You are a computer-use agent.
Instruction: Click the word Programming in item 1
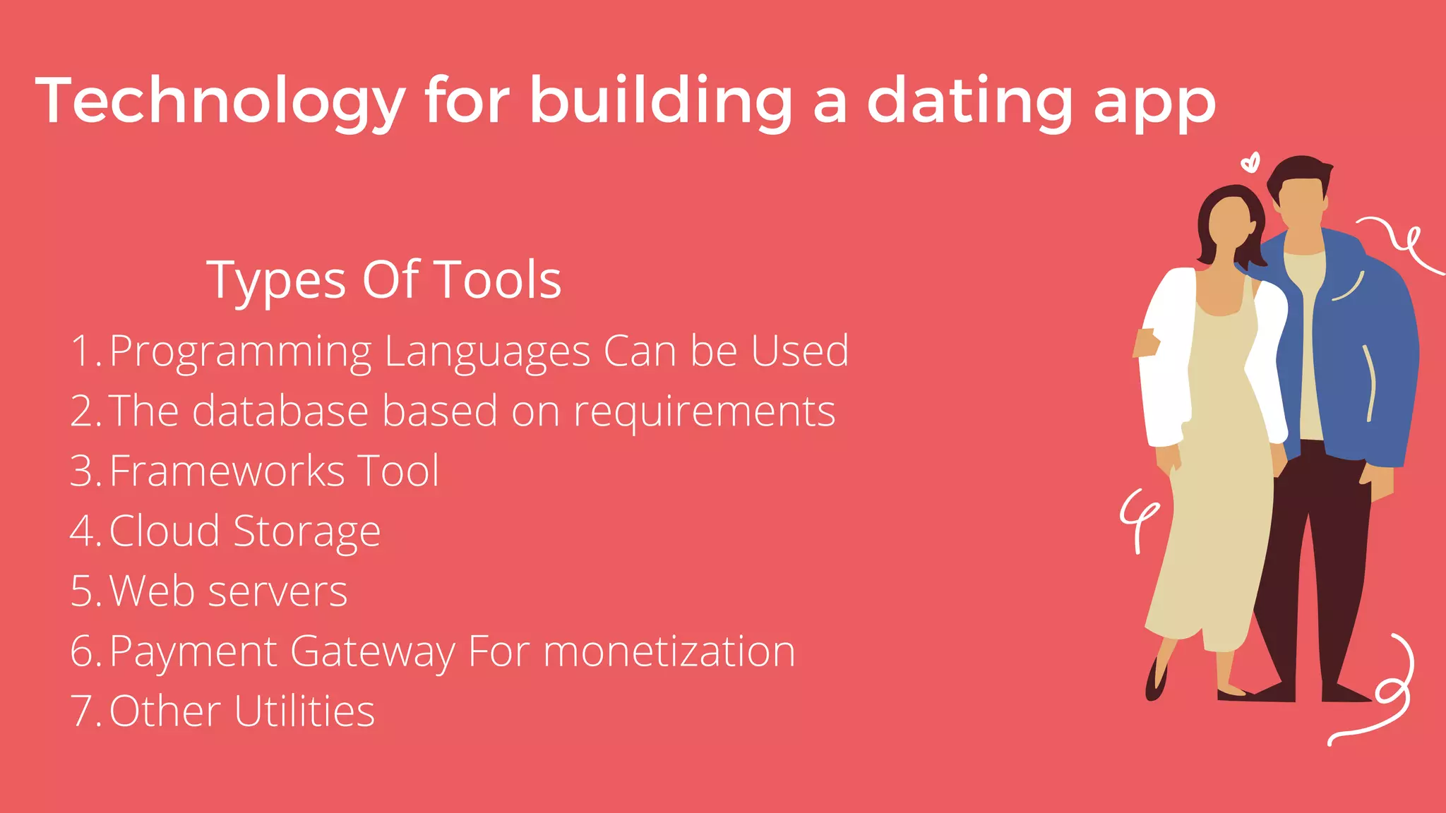click(241, 351)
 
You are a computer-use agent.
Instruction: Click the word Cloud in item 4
click(164, 531)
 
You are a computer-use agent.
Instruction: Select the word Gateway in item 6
click(373, 651)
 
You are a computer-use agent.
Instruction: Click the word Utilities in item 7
click(304, 711)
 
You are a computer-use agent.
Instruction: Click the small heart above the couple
click(1250, 163)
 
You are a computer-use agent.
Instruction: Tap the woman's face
click(1231, 223)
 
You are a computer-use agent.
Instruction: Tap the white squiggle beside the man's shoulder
click(1402, 243)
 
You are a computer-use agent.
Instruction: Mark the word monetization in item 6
click(669, 651)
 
